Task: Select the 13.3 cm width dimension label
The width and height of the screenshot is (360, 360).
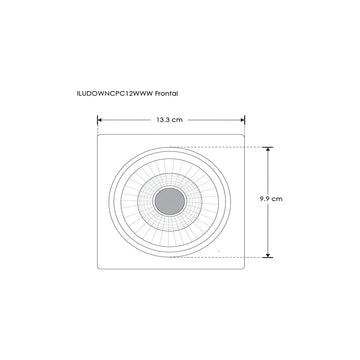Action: coord(169,121)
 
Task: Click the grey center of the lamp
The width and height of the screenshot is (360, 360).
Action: coord(175,201)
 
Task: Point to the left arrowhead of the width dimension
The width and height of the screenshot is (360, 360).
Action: coord(100,121)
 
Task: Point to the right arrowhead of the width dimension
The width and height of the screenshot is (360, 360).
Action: coord(243,121)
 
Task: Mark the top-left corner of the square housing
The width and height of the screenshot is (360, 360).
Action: coord(98,136)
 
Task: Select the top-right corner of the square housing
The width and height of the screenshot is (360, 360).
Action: coord(245,136)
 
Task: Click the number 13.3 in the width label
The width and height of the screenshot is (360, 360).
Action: coord(163,121)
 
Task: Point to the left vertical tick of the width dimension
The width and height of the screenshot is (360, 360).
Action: coord(97,121)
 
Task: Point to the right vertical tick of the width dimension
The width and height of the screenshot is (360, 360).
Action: coord(246,121)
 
